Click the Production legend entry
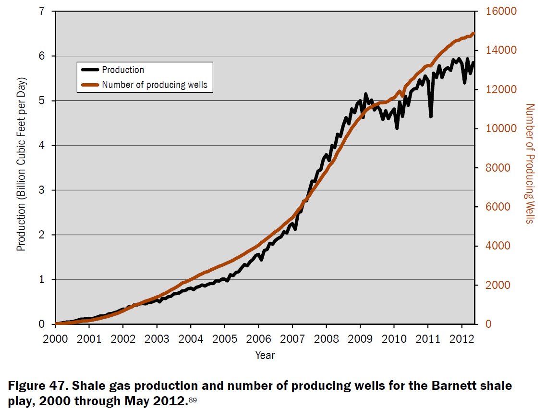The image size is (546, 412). pos(123,70)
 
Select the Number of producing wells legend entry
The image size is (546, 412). pos(155,85)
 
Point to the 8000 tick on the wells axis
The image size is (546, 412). pos(495,168)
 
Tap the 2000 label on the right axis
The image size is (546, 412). pos(495,285)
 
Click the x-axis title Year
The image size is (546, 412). pos(265,356)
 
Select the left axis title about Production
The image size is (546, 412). pos(21,168)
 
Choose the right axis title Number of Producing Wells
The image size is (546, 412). pos(529,163)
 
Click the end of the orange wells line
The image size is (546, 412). pos(473,34)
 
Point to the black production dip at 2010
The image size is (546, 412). pos(397,128)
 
